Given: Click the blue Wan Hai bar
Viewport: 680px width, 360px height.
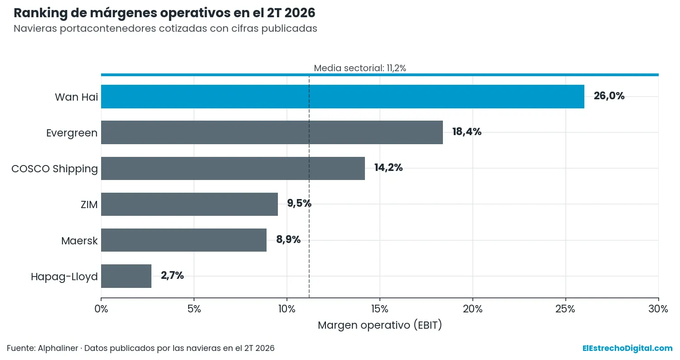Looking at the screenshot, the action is tap(342, 97).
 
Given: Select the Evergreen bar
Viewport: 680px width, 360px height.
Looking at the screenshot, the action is tap(272, 132).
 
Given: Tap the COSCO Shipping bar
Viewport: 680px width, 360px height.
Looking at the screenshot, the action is tap(233, 168).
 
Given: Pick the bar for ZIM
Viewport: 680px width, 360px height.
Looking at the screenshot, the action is tap(189, 204).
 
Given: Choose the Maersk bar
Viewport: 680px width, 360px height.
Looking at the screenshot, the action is tap(184, 240).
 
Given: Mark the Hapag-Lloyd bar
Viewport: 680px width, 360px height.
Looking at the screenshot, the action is tap(126, 276).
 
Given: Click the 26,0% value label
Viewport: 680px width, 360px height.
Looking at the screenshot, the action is tap(609, 96).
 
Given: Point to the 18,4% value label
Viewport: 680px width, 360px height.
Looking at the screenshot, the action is tap(466, 132).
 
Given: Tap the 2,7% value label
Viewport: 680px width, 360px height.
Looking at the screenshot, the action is tap(172, 275).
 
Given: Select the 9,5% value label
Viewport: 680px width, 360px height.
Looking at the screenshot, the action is tap(299, 204).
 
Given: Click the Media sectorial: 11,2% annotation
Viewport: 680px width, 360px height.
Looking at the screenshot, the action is tap(360, 68).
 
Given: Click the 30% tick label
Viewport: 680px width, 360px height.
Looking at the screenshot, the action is tap(658, 309).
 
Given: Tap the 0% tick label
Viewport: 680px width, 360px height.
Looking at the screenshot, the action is tap(101, 309).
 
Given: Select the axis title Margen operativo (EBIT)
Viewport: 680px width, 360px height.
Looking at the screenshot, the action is tap(380, 325).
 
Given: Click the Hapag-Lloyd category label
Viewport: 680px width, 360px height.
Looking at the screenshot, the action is tap(64, 277).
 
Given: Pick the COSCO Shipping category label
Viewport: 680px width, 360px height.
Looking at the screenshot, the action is tap(55, 169).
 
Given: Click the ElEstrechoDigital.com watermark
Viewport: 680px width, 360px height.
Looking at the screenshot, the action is tap(627, 348).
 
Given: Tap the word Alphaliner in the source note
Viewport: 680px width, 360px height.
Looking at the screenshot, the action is tap(58, 348).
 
